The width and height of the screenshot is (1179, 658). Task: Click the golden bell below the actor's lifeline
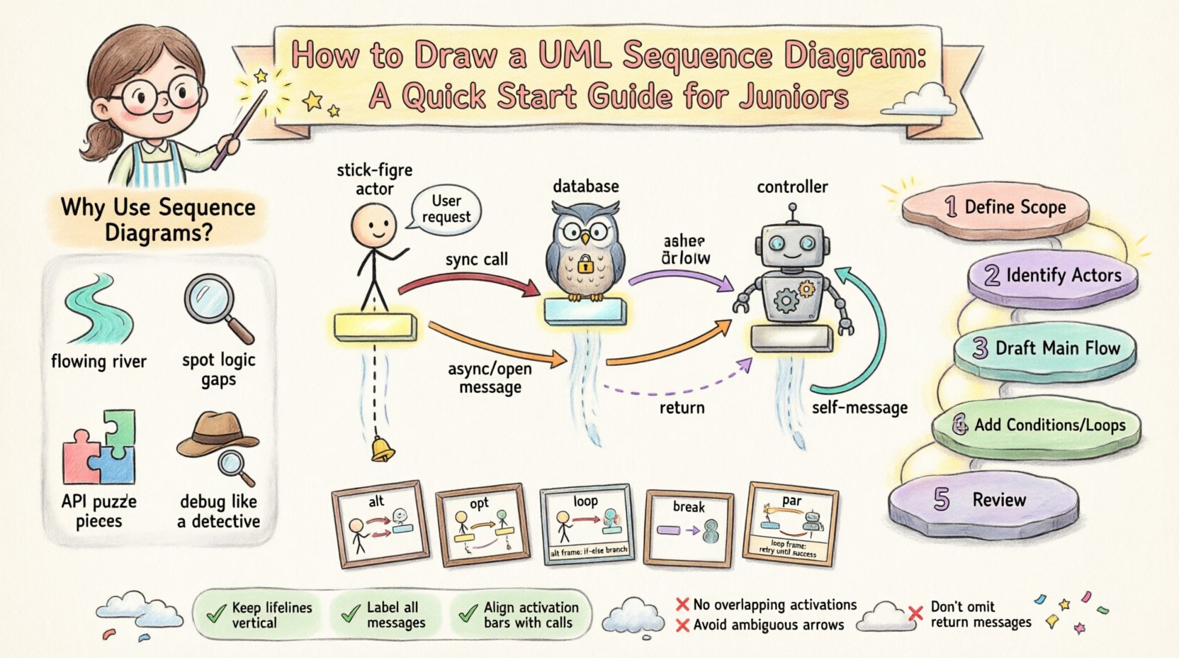[383, 450]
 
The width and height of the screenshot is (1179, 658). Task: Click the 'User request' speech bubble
[446, 210]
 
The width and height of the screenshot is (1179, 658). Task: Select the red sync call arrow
[468, 279]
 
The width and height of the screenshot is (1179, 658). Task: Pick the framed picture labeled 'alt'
[380, 524]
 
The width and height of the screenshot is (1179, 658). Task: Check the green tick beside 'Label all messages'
[349, 614]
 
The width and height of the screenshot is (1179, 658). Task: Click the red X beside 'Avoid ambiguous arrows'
[682, 625]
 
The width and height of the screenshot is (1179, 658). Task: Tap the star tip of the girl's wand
[261, 75]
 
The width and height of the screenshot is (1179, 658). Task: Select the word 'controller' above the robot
[792, 187]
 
